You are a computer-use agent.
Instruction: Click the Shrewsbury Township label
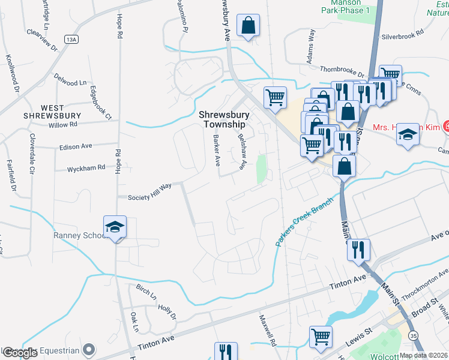(x=222, y=119)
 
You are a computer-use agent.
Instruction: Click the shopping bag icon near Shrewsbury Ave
(x=248, y=27)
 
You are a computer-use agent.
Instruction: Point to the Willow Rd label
(x=64, y=125)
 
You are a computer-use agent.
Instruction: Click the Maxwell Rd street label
(x=268, y=331)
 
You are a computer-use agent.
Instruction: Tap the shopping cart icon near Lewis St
(x=321, y=338)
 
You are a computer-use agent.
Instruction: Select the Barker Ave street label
(x=216, y=150)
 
